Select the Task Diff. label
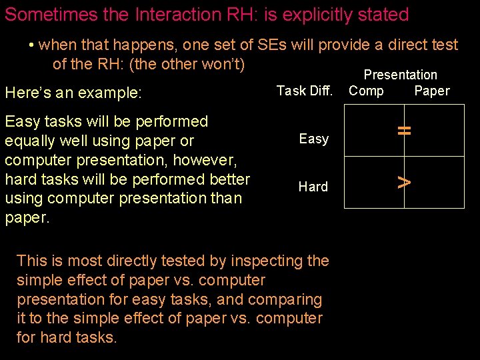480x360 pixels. [304, 91]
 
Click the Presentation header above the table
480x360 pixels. [400, 75]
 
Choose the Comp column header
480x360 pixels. [366, 91]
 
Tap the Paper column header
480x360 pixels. [432, 91]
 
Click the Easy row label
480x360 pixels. [313, 139]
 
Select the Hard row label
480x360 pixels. [313, 187]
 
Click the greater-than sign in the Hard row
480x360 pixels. [403, 181]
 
